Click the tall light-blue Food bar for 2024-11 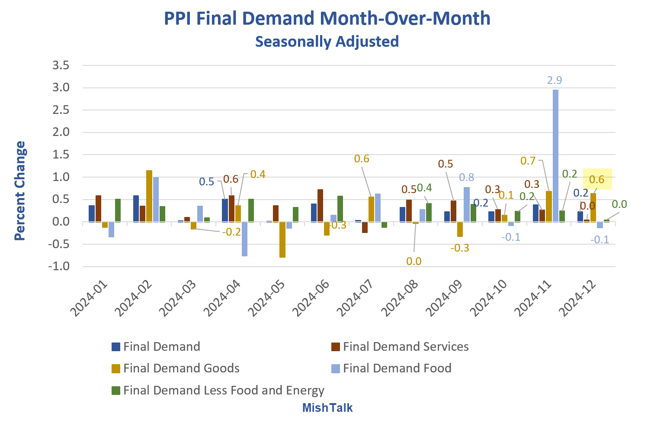click(x=555, y=156)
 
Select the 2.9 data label click(x=555, y=80)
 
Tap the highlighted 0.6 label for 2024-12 click(x=597, y=179)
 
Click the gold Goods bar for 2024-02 click(x=149, y=196)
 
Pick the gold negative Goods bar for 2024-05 click(x=282, y=239)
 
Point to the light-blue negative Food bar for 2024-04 click(x=245, y=239)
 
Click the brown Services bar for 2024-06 click(x=320, y=206)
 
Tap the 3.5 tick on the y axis click(x=61, y=65)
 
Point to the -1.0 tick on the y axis click(x=59, y=266)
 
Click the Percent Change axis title click(x=20, y=191)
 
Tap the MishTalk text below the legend click(x=327, y=407)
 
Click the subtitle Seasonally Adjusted click(x=327, y=42)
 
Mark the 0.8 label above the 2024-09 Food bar click(x=466, y=177)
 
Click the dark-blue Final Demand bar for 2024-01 click(x=92, y=213)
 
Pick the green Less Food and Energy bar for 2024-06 click(x=340, y=209)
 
